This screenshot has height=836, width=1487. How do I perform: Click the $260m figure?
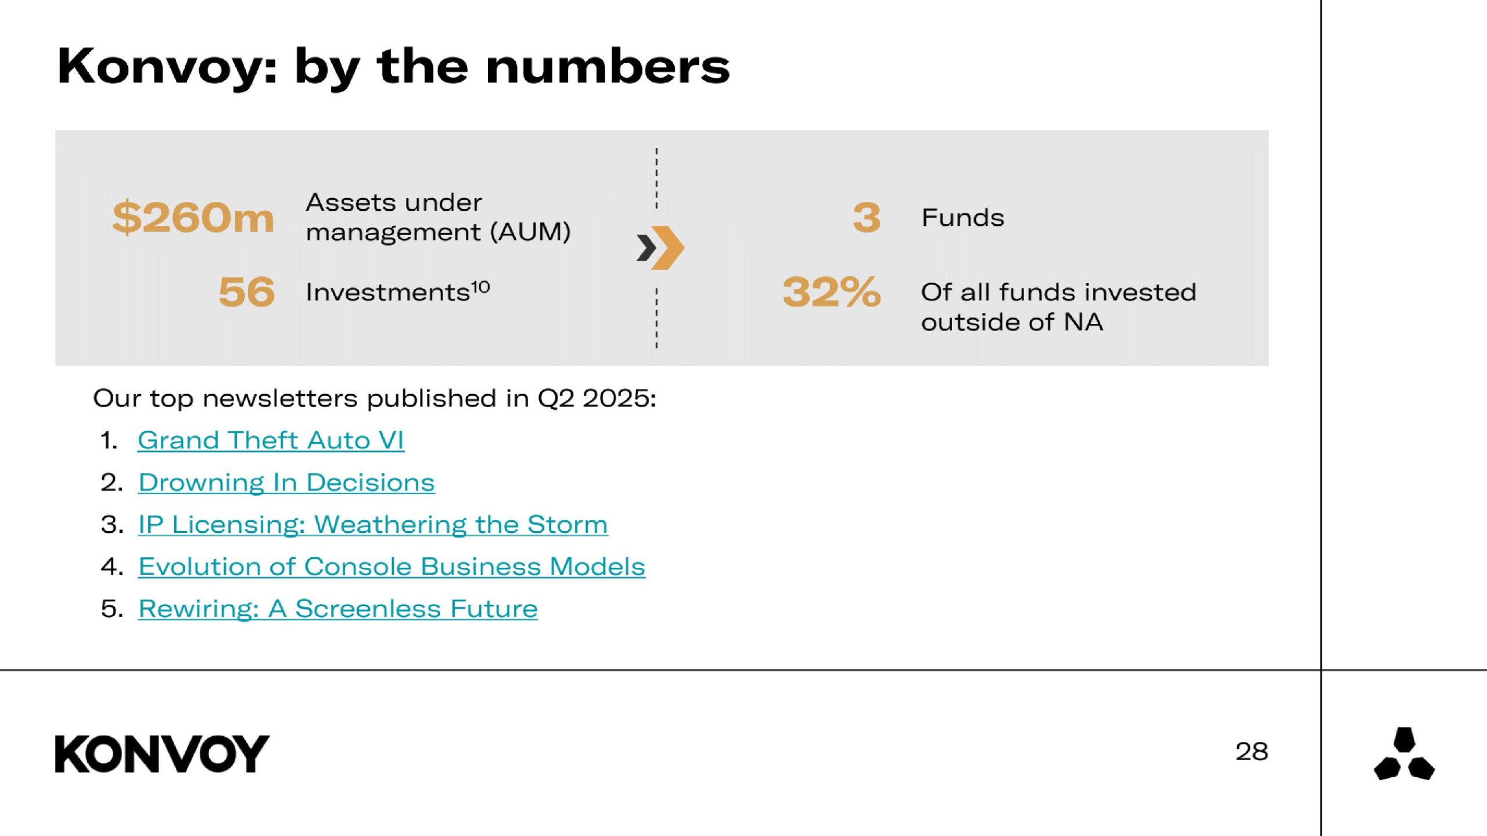(193, 218)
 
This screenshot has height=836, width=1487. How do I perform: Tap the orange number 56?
(246, 291)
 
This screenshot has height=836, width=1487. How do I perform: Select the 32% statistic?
(832, 291)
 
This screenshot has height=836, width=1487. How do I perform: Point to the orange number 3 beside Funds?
(867, 218)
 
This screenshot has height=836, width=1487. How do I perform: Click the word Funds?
(962, 218)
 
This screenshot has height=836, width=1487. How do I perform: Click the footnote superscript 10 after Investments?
(480, 287)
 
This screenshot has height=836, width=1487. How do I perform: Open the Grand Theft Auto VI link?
(271, 440)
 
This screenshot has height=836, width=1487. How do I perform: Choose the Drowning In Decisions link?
(286, 482)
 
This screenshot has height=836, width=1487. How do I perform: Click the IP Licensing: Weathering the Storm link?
(373, 524)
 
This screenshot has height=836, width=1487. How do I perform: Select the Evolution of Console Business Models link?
(391, 567)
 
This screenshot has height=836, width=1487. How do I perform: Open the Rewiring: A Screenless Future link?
(337, 609)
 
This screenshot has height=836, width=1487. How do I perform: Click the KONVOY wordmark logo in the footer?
(162, 754)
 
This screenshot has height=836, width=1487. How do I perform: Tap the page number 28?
(1252, 752)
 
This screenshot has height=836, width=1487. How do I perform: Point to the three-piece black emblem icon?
(1404, 754)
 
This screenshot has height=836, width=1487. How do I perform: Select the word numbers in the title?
(608, 66)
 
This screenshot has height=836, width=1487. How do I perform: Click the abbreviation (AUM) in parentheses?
(530, 232)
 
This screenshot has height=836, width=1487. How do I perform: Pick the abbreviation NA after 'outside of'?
(1083, 322)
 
